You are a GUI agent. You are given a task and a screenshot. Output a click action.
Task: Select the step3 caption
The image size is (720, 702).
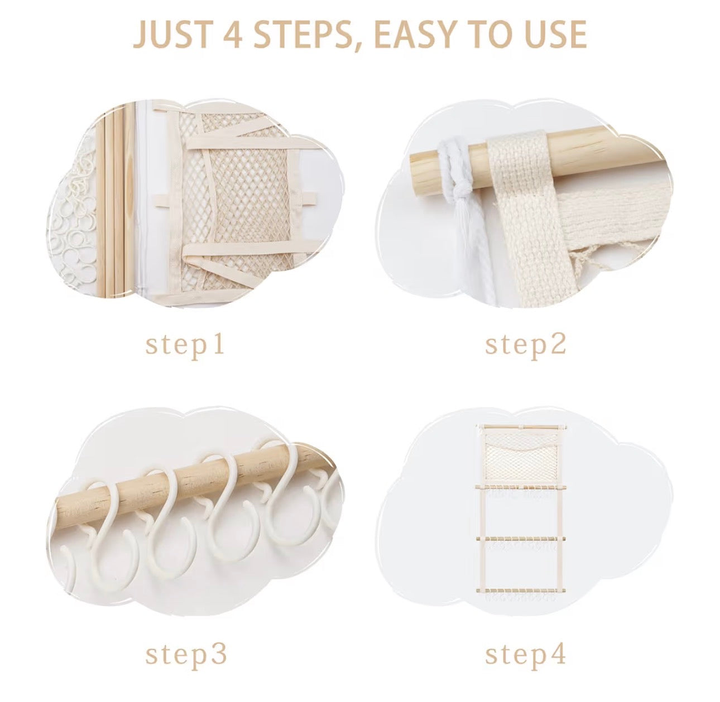186,645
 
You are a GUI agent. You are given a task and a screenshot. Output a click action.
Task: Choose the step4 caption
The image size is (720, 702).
525,645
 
